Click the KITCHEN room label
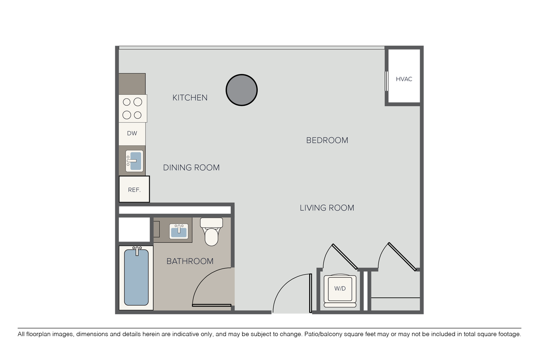click(190, 98)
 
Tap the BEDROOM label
click(327, 140)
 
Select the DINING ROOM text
click(191, 168)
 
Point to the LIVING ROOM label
click(327, 208)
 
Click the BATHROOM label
click(190, 261)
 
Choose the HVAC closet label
click(404, 79)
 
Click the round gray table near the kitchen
click(242, 90)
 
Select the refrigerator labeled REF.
click(134, 189)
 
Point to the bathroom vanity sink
click(179, 231)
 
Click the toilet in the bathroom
click(211, 232)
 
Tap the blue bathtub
click(136, 277)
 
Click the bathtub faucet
click(137, 251)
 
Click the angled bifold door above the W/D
click(345, 257)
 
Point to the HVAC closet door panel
click(387, 81)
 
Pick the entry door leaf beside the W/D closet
click(310, 293)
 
